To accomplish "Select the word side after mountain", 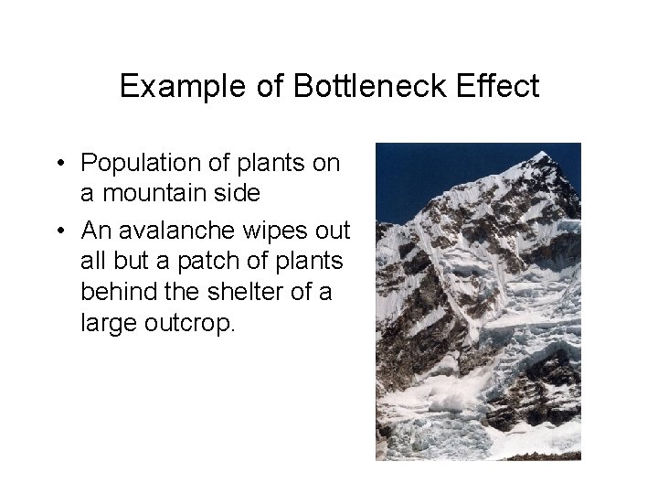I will (237, 194).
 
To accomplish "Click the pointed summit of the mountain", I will (545, 153).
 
